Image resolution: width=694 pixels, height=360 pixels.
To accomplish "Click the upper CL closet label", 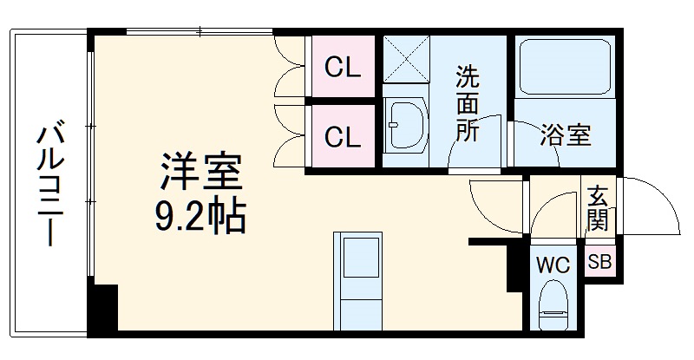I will [342, 68].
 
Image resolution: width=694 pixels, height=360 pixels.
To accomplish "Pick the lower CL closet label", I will [342, 136].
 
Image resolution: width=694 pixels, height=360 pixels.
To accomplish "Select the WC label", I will [553, 265].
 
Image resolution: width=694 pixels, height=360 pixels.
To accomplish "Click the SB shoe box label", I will [599, 262].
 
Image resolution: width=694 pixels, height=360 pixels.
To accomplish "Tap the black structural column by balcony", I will [103, 307].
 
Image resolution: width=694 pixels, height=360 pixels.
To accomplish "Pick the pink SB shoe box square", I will [599, 262].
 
